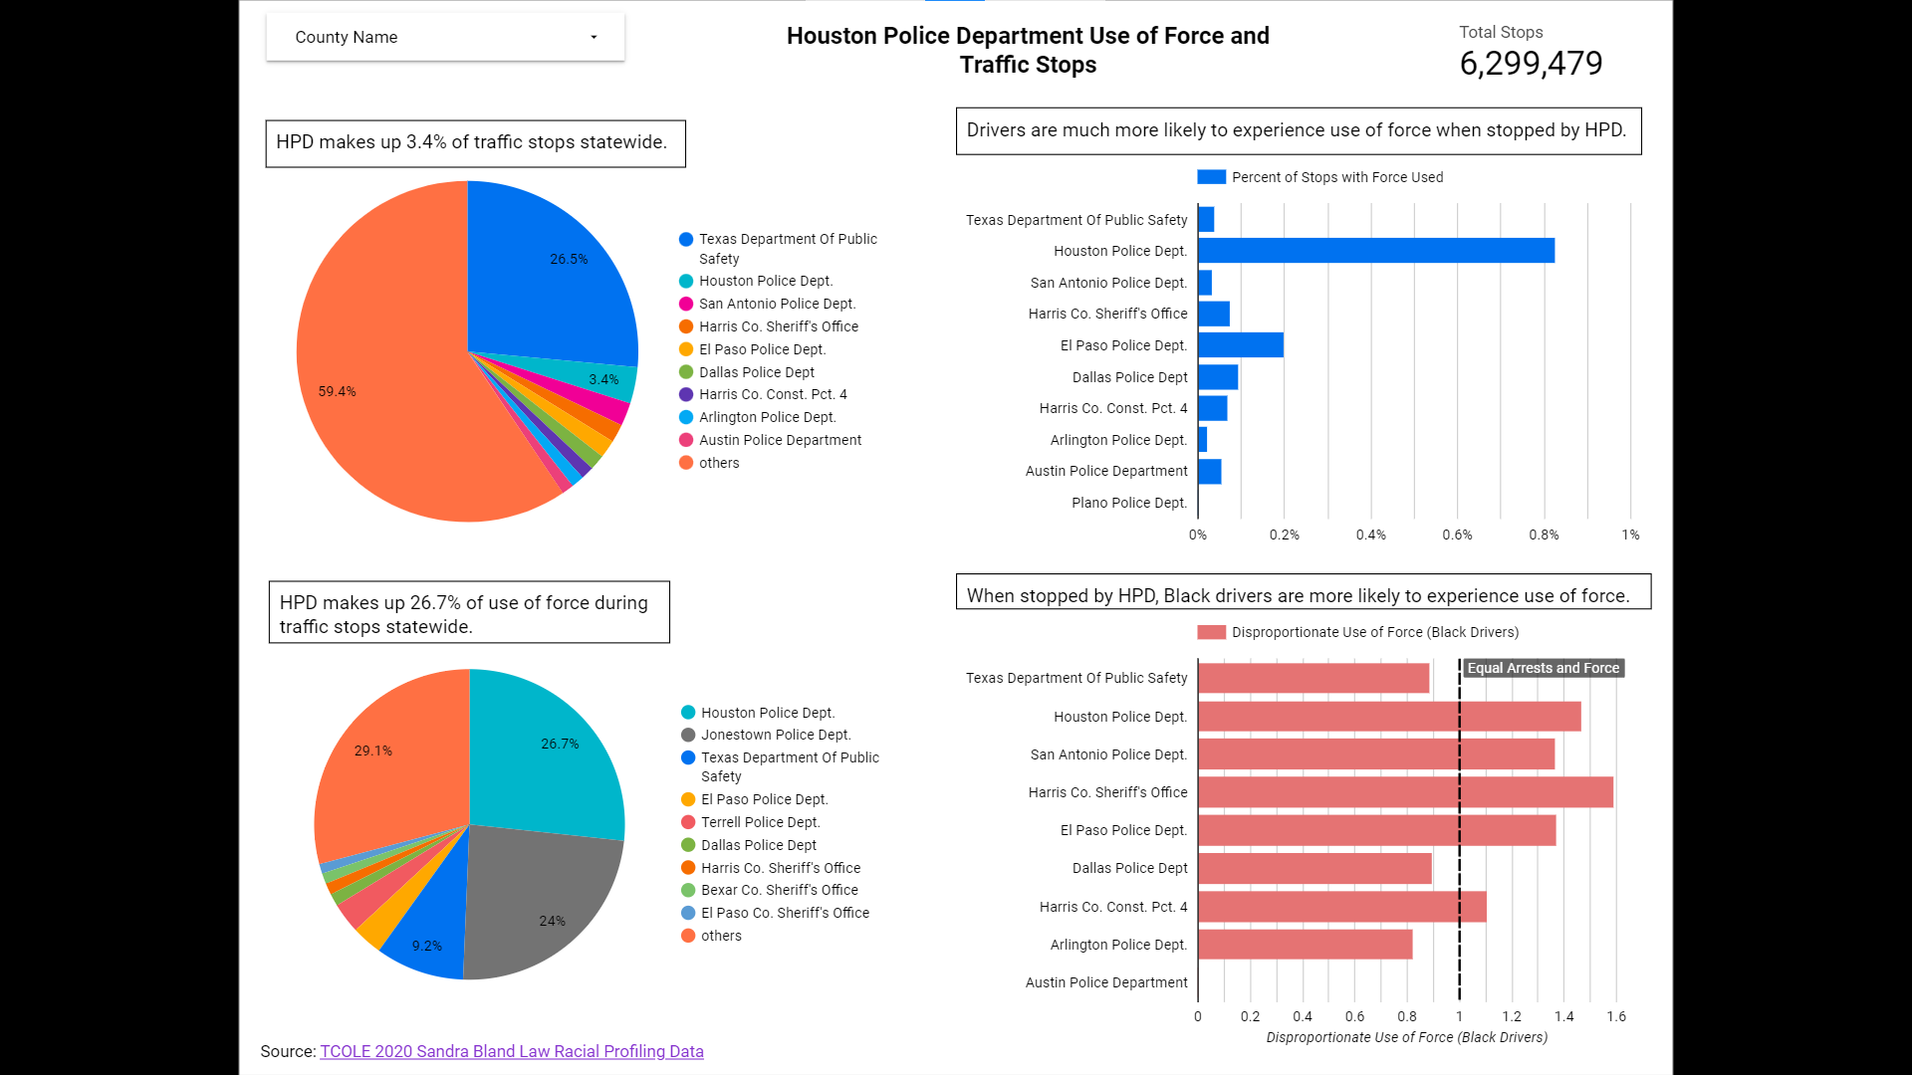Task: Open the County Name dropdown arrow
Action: click(594, 38)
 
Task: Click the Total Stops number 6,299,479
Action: click(1531, 64)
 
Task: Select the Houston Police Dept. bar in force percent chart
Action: click(1375, 251)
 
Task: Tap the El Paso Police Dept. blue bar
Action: click(1240, 345)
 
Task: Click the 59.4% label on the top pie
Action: click(337, 391)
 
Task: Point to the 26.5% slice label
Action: click(569, 259)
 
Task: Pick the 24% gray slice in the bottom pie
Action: click(552, 921)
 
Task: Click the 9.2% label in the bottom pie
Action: click(427, 946)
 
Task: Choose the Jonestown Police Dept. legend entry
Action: click(775, 735)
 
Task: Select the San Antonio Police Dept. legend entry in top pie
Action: click(776, 304)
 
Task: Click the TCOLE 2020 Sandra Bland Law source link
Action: click(511, 1051)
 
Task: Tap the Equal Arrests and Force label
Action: click(1543, 668)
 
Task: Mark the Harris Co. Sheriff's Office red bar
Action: click(1404, 792)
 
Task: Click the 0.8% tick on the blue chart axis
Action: click(1544, 535)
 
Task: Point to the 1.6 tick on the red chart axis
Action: click(1615, 1016)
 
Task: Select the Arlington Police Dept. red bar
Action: click(1305, 945)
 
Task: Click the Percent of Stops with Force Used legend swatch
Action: click(1211, 177)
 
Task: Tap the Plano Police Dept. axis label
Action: click(1129, 503)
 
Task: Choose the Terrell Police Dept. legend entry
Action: click(760, 822)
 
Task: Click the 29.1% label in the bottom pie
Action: click(373, 751)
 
